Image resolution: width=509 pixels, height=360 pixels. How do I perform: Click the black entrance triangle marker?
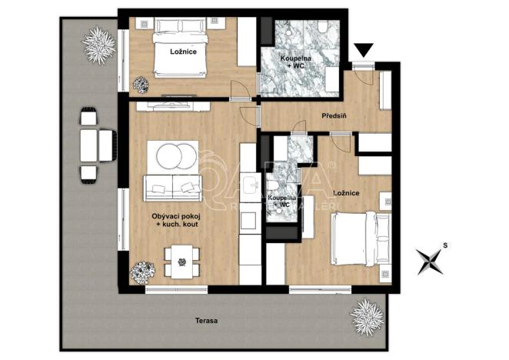(x=364, y=52)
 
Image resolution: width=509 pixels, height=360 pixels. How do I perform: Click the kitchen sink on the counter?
(x=249, y=185)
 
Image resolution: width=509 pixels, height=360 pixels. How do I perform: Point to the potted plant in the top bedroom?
(x=141, y=83)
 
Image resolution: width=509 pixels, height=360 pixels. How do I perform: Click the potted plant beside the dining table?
(x=141, y=272)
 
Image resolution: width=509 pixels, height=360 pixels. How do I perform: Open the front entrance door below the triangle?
(x=365, y=69)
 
